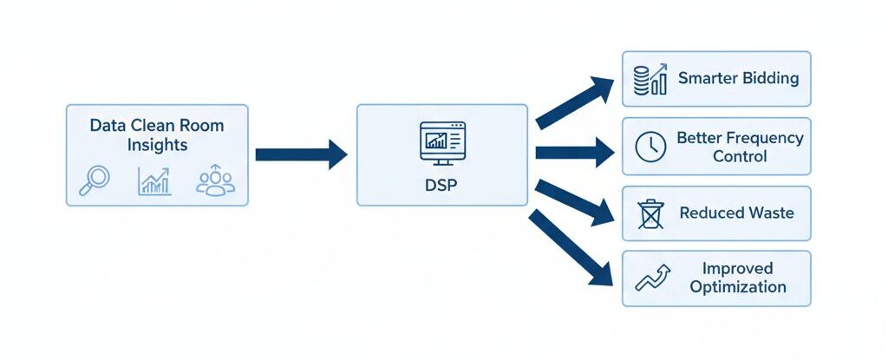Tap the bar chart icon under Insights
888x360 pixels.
click(154, 180)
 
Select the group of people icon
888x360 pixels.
click(215, 180)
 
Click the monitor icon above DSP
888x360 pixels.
click(441, 141)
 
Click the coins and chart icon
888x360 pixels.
click(650, 79)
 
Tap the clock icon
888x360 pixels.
click(650, 147)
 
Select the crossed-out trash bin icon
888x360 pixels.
click(650, 213)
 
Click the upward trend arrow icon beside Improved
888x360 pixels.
click(653, 278)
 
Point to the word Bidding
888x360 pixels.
click(770, 78)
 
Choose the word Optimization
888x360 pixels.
click(738, 287)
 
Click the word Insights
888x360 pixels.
click(157, 144)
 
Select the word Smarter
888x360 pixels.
click(707, 78)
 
